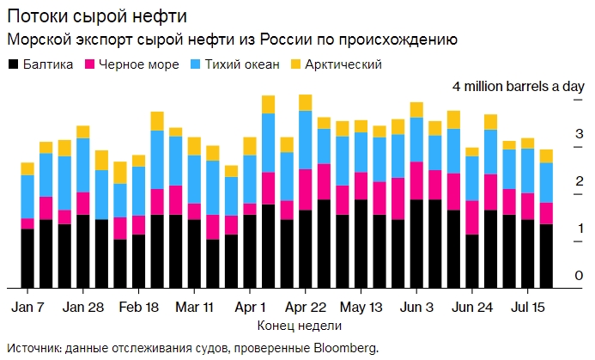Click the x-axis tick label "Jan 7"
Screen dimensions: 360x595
28,306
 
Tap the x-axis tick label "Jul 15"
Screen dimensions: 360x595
525,306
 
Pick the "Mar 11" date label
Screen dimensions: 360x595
194,306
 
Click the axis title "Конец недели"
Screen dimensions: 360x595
299,326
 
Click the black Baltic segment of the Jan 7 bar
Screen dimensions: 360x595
27,258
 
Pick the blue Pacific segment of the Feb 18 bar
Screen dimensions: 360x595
157,160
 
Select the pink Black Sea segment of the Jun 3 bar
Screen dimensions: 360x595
416,180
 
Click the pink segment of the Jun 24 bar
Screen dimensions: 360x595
471,217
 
